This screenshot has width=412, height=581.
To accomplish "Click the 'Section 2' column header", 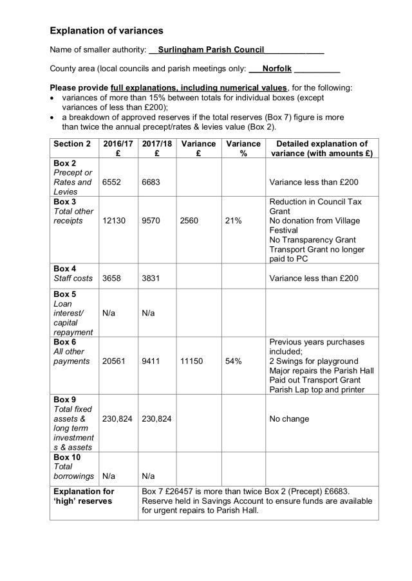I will [x=72, y=144].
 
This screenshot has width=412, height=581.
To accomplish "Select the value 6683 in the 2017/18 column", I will [x=152, y=182].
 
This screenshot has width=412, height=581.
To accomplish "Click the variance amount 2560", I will [x=191, y=220].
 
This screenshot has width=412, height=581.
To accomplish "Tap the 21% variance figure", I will [x=233, y=220].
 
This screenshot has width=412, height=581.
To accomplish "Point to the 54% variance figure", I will [x=233, y=361].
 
